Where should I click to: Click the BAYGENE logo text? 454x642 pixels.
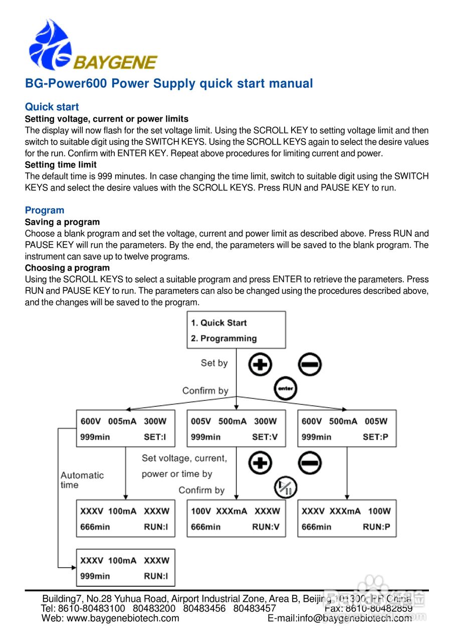click(115, 63)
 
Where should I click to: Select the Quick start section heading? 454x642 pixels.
click(52, 107)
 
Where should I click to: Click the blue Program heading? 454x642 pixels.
click(45, 210)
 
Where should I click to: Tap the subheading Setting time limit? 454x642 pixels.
click(61, 165)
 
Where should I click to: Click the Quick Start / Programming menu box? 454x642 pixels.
click(236, 330)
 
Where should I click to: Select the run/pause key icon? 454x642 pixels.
click(286, 488)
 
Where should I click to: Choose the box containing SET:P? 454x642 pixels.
click(347, 429)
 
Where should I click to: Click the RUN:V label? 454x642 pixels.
click(266, 527)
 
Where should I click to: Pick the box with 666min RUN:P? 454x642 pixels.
click(347, 519)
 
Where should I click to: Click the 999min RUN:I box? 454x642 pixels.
click(125, 568)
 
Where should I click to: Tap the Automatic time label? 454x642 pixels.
click(82, 480)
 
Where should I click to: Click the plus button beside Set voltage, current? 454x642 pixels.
click(260, 463)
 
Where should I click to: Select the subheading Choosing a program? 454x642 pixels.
click(67, 268)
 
